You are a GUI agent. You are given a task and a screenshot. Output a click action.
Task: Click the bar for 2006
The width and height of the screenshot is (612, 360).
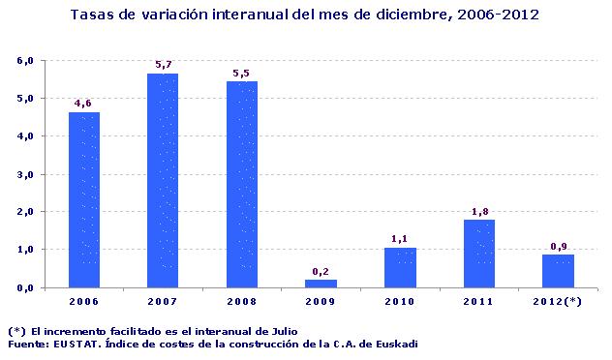[83, 200]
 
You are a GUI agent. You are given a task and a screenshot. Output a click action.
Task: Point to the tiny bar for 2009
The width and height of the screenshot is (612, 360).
[321, 283]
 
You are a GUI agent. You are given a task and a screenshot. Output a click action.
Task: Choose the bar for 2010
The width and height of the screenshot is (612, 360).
[400, 267]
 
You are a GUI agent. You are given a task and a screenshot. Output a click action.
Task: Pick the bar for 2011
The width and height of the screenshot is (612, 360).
[478, 254]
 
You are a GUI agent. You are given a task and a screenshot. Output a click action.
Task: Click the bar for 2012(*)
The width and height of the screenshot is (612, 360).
[558, 271]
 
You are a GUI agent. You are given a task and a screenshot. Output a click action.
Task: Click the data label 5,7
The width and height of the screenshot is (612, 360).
[163, 65]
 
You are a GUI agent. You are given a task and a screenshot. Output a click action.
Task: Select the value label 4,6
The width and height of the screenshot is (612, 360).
[83, 104]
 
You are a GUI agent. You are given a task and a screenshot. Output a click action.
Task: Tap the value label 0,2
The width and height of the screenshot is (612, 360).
[321, 271]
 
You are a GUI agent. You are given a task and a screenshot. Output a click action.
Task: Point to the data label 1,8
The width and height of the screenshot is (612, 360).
[478, 211]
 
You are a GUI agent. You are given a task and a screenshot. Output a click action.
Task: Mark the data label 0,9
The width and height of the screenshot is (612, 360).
[558, 246]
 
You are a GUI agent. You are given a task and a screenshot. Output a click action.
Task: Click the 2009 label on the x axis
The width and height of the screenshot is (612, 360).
[321, 303]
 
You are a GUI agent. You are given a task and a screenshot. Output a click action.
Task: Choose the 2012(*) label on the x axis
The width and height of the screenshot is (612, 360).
[558, 303]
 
